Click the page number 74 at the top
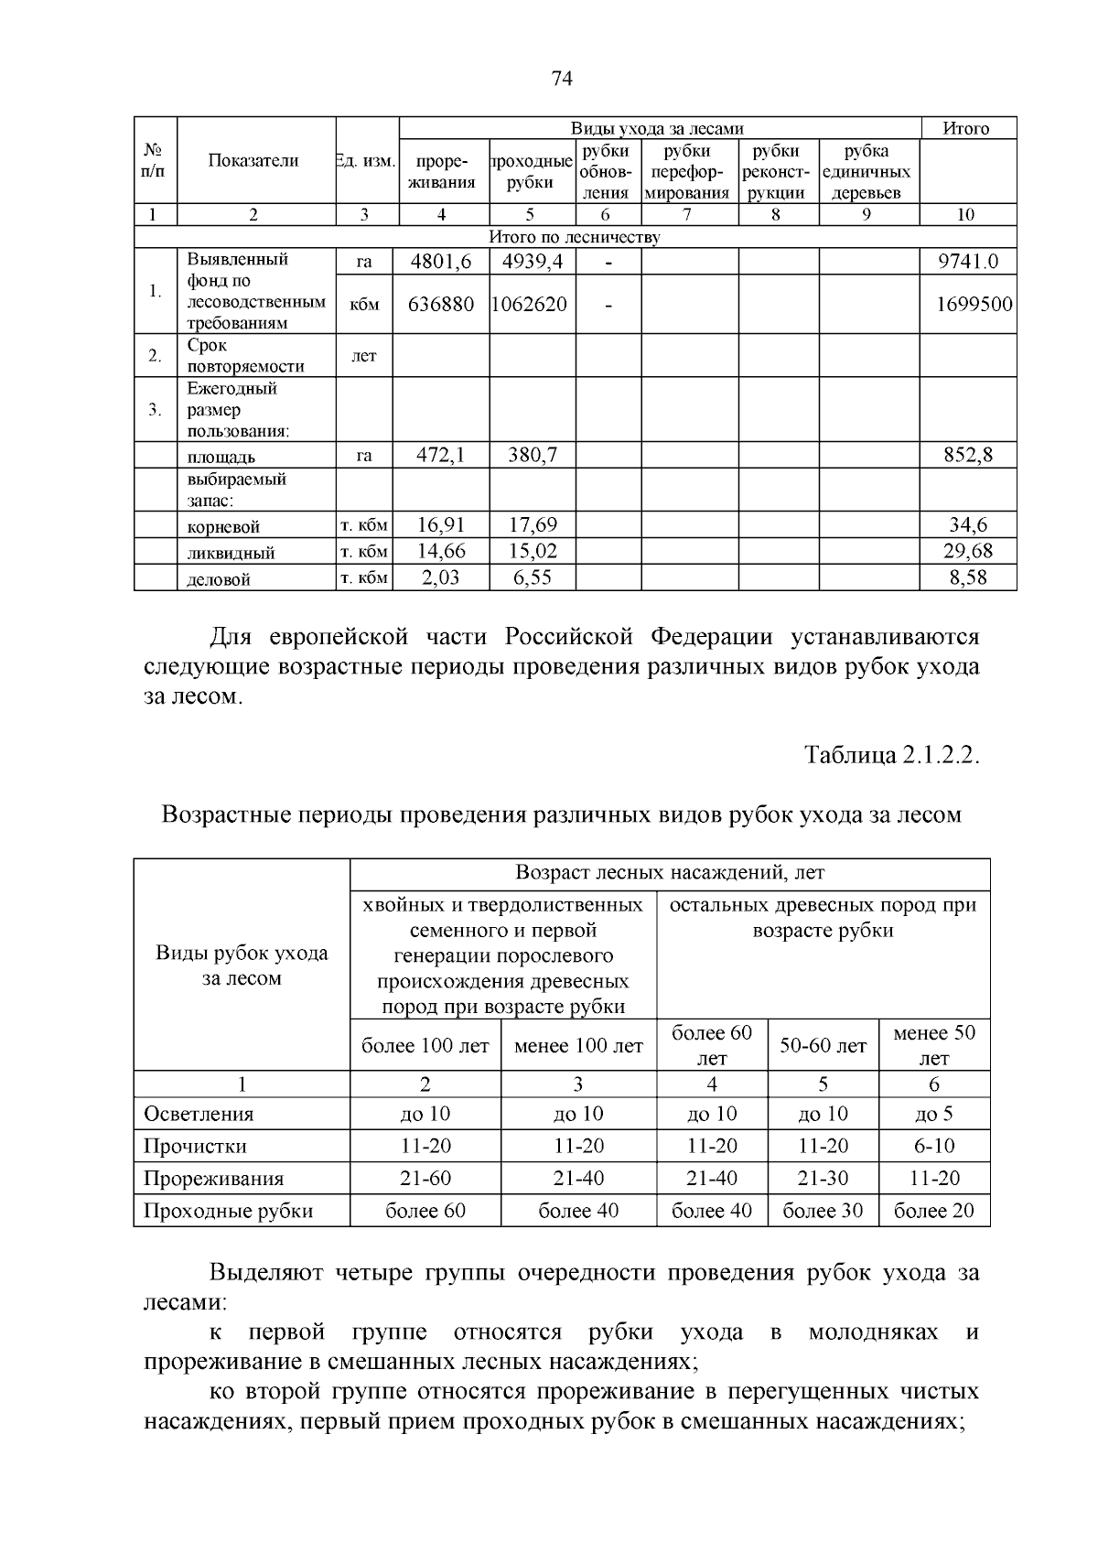point(562,80)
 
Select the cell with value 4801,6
point(441,262)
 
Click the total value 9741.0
point(967,262)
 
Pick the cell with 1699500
point(973,304)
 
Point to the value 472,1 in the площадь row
point(441,455)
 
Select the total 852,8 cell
point(967,455)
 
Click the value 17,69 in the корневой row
point(532,525)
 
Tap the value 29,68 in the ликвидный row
point(967,551)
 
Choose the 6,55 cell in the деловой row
point(532,577)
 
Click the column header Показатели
point(253,161)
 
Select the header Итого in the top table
point(966,129)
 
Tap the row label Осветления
point(199,1114)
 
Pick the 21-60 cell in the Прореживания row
point(425,1179)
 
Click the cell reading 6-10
point(933,1146)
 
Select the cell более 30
point(823,1211)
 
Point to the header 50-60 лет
point(823,1046)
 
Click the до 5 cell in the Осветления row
point(933,1114)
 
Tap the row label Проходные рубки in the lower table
point(229,1211)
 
